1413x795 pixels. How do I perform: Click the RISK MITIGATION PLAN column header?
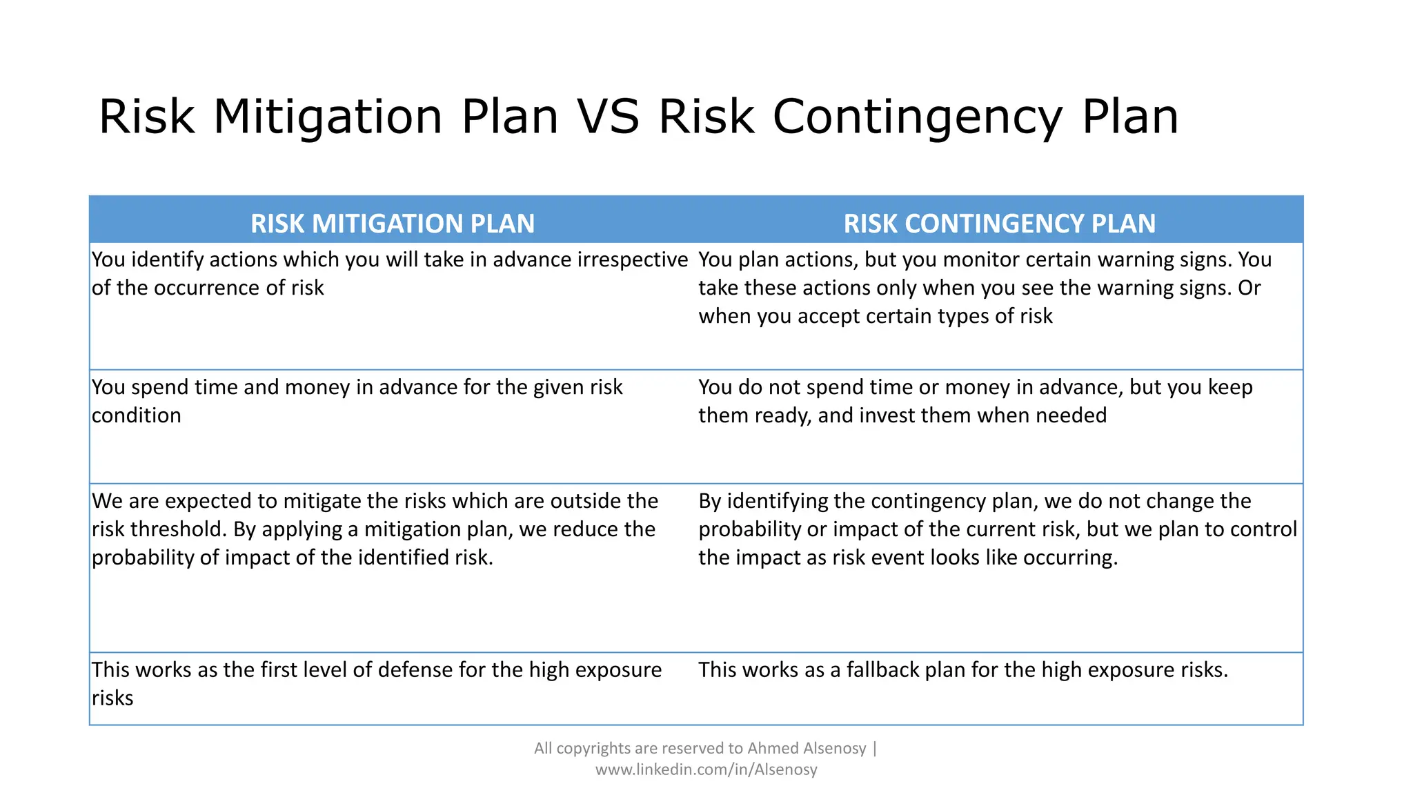click(392, 224)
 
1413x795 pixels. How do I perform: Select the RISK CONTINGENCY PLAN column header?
click(999, 224)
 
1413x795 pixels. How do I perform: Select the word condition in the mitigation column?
click(137, 415)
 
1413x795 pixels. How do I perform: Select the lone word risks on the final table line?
click(112, 698)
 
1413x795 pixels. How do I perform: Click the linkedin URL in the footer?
click(706, 769)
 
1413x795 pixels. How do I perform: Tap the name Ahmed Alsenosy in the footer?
click(806, 748)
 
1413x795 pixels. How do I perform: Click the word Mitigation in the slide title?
click(328, 116)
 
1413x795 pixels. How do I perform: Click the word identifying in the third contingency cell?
click(780, 501)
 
